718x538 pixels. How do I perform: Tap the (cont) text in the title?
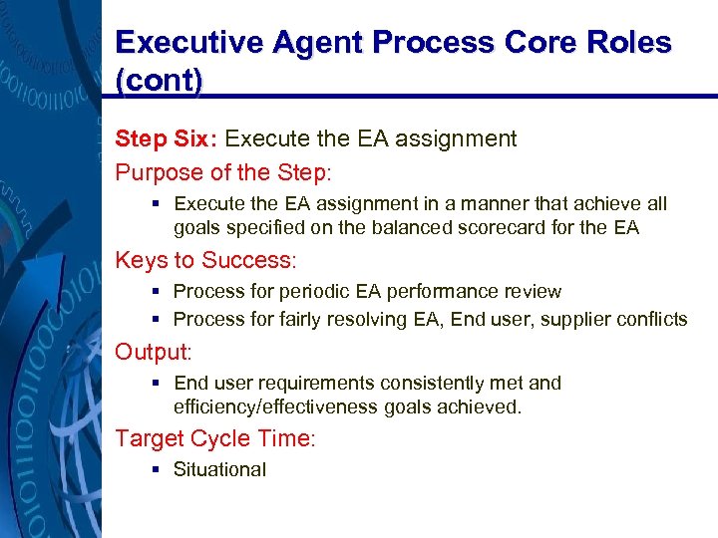tap(160, 82)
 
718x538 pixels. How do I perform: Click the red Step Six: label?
tap(167, 138)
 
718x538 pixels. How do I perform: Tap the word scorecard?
tap(502, 227)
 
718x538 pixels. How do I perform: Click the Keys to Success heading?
tap(205, 261)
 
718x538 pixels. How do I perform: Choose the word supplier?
tap(577, 320)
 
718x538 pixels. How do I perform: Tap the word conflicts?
tap(652, 320)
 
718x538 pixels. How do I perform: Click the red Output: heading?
tap(152, 353)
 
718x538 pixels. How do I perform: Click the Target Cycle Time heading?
tap(214, 438)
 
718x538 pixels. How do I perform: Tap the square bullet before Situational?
tap(159, 469)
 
